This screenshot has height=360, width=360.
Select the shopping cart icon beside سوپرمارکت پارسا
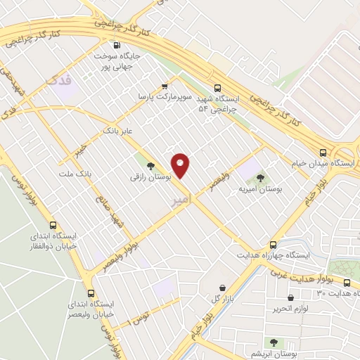(x=165, y=83)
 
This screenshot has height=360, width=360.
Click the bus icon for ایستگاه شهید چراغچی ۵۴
(x=217, y=89)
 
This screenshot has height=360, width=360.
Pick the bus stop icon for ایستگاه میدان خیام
(x=322, y=152)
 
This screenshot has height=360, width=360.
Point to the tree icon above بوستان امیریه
(x=261, y=178)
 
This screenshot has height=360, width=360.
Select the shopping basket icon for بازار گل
(x=223, y=288)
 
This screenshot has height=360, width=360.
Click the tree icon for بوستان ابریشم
(x=274, y=342)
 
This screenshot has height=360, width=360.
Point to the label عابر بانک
(x=118, y=131)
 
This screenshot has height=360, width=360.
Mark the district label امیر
(x=180, y=200)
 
